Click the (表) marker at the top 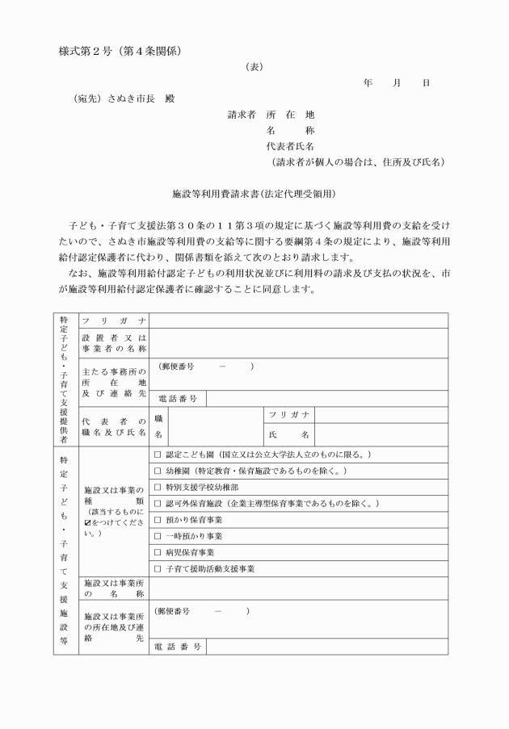click(254, 68)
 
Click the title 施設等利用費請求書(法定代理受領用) click(254, 194)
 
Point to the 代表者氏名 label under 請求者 click(290, 146)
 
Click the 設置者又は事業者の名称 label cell click(113, 343)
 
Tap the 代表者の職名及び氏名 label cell click(113, 427)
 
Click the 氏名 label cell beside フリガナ click(288, 434)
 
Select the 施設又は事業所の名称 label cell click(113, 588)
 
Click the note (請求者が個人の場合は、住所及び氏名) click(358, 161)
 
